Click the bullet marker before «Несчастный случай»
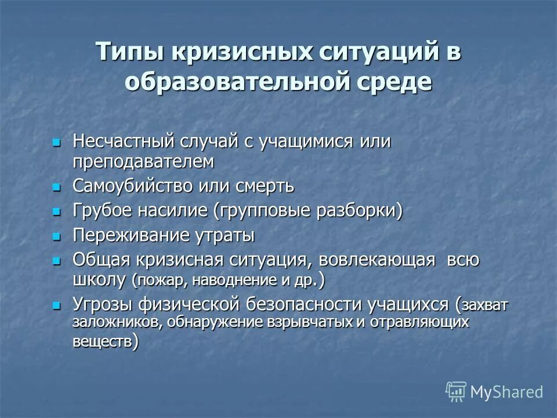(56, 142)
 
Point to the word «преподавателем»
(143, 161)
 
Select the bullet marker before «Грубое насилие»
(56, 211)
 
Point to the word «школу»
(99, 279)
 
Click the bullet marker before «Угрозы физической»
(56, 304)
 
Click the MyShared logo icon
(455, 391)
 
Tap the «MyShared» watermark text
(507, 392)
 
